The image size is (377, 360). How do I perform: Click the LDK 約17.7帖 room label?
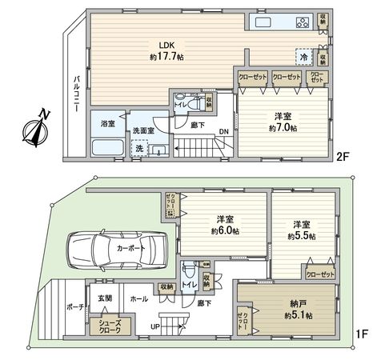[x=166, y=51]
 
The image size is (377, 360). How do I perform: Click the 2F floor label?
[x=343, y=158]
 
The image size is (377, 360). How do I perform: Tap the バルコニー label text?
[x=77, y=94]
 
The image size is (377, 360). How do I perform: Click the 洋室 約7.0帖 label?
[x=283, y=122]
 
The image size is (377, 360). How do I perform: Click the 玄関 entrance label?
[x=105, y=298]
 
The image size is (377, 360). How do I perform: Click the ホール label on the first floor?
[x=138, y=298]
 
